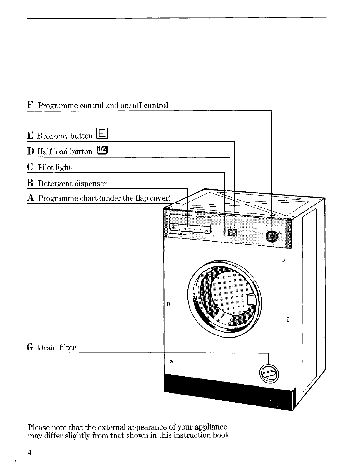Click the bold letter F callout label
click(30, 105)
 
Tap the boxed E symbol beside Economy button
click(102, 133)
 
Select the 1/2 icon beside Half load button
click(102, 150)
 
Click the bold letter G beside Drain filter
click(30, 347)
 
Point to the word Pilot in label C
click(46, 167)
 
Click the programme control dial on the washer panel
click(272, 237)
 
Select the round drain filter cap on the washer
click(269, 374)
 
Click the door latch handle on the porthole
click(252, 299)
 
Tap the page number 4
click(30, 452)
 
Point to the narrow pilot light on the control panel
click(224, 232)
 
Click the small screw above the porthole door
click(283, 260)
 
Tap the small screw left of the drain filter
click(171, 362)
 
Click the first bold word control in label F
click(92, 105)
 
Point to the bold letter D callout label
click(31, 151)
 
